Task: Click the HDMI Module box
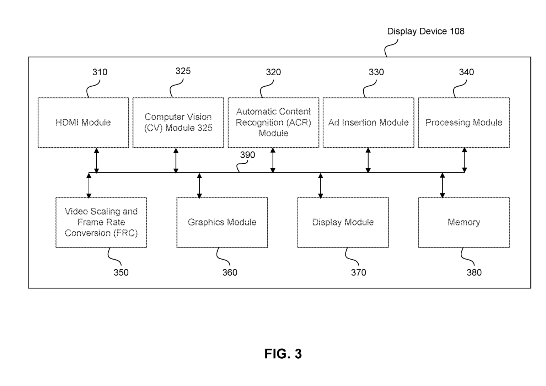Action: click(83, 123)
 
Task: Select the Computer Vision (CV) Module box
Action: click(178, 123)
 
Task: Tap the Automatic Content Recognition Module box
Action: click(273, 123)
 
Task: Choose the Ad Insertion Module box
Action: click(368, 123)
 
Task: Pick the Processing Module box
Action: click(464, 123)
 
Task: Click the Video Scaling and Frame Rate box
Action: click(101, 222)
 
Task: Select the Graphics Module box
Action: click(222, 222)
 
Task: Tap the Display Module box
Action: click(343, 222)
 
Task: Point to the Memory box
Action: click(464, 222)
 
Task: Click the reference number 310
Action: click(100, 72)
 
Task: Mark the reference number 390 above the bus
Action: click(247, 155)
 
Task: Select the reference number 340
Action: click(466, 72)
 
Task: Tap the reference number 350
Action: click(121, 273)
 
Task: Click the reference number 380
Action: click(474, 273)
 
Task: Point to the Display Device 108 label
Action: click(425, 31)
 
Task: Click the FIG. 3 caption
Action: click(283, 354)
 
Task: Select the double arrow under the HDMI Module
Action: click(96, 161)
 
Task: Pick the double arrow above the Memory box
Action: click(442, 185)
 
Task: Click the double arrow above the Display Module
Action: click(320, 185)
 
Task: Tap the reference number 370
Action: click(358, 273)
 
